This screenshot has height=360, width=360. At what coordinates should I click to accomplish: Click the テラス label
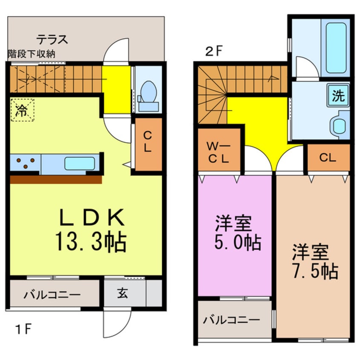coord(52,40)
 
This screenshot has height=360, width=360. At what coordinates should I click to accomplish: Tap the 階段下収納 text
coord(31,54)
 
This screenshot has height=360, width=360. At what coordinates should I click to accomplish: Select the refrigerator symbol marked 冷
coord(22,110)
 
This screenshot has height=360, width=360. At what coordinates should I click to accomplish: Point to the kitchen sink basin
coord(80,163)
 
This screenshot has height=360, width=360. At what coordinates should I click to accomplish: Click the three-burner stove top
coord(25,163)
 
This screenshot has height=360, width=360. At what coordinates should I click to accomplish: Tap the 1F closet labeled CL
coord(149,144)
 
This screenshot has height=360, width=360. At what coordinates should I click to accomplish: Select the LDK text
coord(92,217)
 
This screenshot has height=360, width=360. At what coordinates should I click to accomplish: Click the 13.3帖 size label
coord(91,242)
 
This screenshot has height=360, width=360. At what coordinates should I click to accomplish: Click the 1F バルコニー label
coord(52,294)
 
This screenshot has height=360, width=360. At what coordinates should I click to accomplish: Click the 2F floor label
coord(214,51)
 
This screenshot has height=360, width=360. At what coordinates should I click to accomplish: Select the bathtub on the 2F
coord(336,48)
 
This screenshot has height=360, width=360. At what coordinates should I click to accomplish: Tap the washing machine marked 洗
coord(338,95)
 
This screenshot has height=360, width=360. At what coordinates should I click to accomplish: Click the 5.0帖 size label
coord(238,242)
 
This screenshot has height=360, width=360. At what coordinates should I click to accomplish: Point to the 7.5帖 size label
coord(315,271)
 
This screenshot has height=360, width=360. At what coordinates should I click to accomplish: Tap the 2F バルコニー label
coord(231,320)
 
